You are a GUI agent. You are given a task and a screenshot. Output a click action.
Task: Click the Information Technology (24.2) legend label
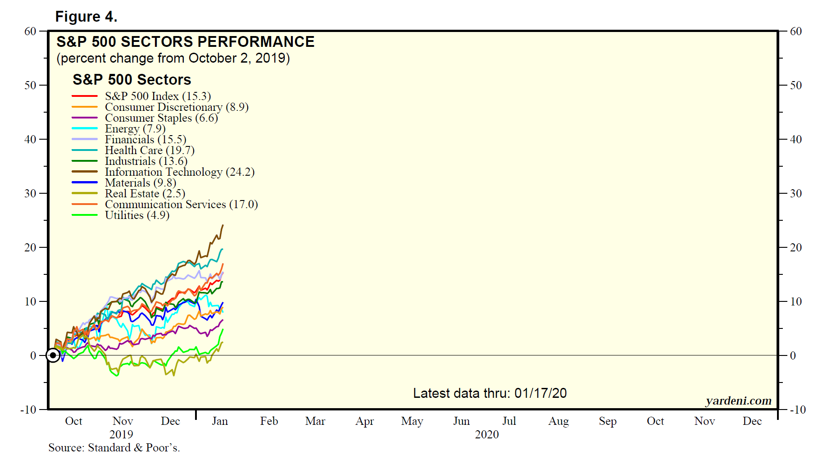(x=179, y=172)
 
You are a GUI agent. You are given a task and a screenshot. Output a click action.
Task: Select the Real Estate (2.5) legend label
(x=145, y=194)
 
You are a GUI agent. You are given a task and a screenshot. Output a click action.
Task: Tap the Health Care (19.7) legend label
(x=150, y=150)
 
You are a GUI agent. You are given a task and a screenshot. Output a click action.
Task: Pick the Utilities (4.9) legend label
(x=137, y=215)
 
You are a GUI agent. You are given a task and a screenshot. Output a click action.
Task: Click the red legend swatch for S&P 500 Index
(x=85, y=96)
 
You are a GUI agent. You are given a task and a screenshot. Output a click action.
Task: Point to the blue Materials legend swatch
(x=85, y=182)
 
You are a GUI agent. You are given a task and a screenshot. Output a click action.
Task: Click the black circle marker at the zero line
(x=53, y=355)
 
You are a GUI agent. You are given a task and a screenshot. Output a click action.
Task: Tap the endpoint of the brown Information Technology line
(x=223, y=225)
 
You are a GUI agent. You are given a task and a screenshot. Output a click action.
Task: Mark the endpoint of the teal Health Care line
(x=223, y=249)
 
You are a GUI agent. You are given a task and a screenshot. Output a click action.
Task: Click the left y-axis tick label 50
(x=30, y=85)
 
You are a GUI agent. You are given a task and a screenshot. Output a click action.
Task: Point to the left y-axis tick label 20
(x=30, y=247)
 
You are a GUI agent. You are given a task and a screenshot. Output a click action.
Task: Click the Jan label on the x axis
(x=220, y=421)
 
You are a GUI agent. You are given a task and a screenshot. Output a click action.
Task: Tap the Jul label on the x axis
(x=509, y=421)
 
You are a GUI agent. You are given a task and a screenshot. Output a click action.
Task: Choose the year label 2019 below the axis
(x=121, y=434)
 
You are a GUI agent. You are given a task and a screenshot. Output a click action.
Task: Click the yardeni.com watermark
(x=738, y=401)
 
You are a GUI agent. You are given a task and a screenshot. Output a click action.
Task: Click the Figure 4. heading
(x=86, y=17)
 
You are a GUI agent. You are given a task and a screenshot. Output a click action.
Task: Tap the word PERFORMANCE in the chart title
(x=256, y=42)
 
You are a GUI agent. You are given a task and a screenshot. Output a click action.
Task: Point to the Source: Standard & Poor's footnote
(x=114, y=448)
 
